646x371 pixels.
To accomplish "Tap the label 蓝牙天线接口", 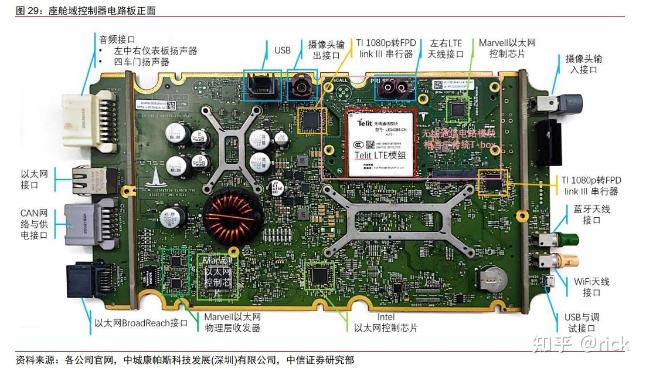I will coord(591,215).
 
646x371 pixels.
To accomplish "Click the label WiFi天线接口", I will coord(591,287).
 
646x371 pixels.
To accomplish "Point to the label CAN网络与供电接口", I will coord(34,224).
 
